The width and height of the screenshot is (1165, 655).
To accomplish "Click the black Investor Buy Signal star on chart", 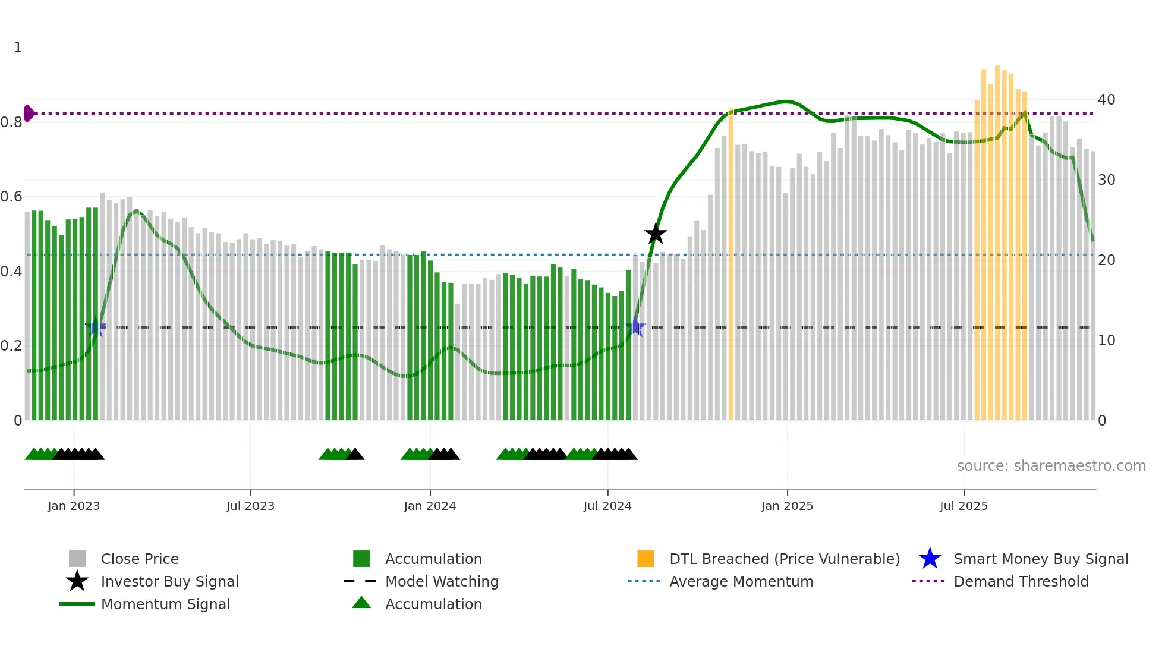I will [x=656, y=234].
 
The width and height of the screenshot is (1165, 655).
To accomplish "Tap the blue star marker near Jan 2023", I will [x=96, y=327].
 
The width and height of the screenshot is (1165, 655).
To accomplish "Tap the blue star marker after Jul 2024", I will [x=635, y=327].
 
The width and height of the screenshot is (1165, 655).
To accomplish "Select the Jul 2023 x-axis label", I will [x=250, y=506].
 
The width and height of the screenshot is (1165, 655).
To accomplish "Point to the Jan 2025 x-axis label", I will [x=787, y=506].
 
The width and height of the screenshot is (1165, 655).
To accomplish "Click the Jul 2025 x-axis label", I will [x=964, y=506].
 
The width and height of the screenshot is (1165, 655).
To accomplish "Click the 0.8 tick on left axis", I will [x=12, y=122].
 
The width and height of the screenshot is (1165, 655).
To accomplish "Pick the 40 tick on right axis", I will [x=1106, y=99].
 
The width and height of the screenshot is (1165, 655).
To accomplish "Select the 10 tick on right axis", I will [x=1106, y=341].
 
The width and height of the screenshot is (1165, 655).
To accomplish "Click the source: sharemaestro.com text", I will [x=1051, y=465].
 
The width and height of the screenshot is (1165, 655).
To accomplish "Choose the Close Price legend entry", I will [x=140, y=559].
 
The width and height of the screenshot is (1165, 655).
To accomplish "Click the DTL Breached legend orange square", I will [x=646, y=559].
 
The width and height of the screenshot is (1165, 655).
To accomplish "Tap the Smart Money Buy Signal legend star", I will [x=930, y=559].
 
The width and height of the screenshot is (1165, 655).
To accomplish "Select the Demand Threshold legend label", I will [x=1021, y=581].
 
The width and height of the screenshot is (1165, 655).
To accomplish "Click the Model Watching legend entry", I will [x=442, y=581].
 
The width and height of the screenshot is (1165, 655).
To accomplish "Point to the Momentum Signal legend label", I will [x=165, y=604].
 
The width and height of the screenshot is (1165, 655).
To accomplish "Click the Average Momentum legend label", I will [x=741, y=581].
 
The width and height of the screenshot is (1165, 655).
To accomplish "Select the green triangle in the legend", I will [x=361, y=603].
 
